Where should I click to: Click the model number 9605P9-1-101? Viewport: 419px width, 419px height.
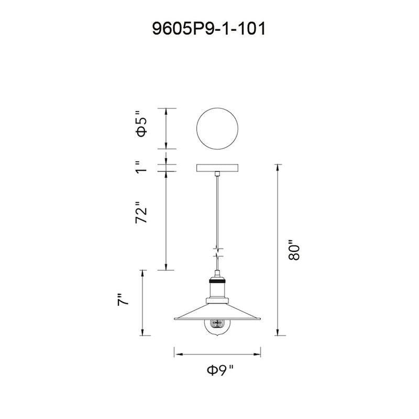click(x=209, y=29)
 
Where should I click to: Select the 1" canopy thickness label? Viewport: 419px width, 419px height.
click(x=141, y=167)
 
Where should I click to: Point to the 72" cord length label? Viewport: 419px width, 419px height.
click(x=141, y=213)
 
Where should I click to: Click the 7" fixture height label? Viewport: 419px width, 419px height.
click(x=123, y=300)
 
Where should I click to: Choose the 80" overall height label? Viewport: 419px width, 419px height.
click(x=294, y=250)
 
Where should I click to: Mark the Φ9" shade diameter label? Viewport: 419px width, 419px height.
click(x=220, y=370)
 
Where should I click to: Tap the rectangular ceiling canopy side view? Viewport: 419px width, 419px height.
click(x=217, y=168)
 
